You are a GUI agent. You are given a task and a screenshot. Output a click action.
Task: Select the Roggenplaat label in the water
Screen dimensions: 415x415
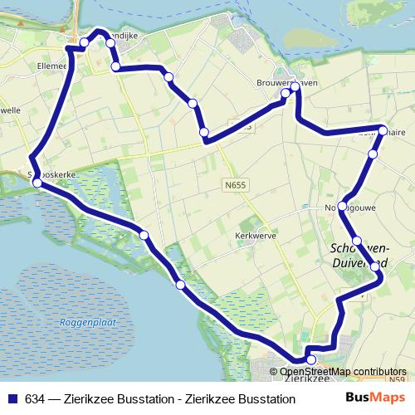coord(82,323)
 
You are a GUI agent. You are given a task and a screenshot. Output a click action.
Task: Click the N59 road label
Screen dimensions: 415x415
coord(398,380)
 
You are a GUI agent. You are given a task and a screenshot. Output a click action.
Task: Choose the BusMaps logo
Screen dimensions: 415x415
coord(375,398)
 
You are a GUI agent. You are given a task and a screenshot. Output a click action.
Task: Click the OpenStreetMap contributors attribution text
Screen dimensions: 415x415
coord(343,372)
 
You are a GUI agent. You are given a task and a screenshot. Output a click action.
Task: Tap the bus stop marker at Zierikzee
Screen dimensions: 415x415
coord(311,359)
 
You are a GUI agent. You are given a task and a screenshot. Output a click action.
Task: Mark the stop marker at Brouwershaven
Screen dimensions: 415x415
coord(295,85)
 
